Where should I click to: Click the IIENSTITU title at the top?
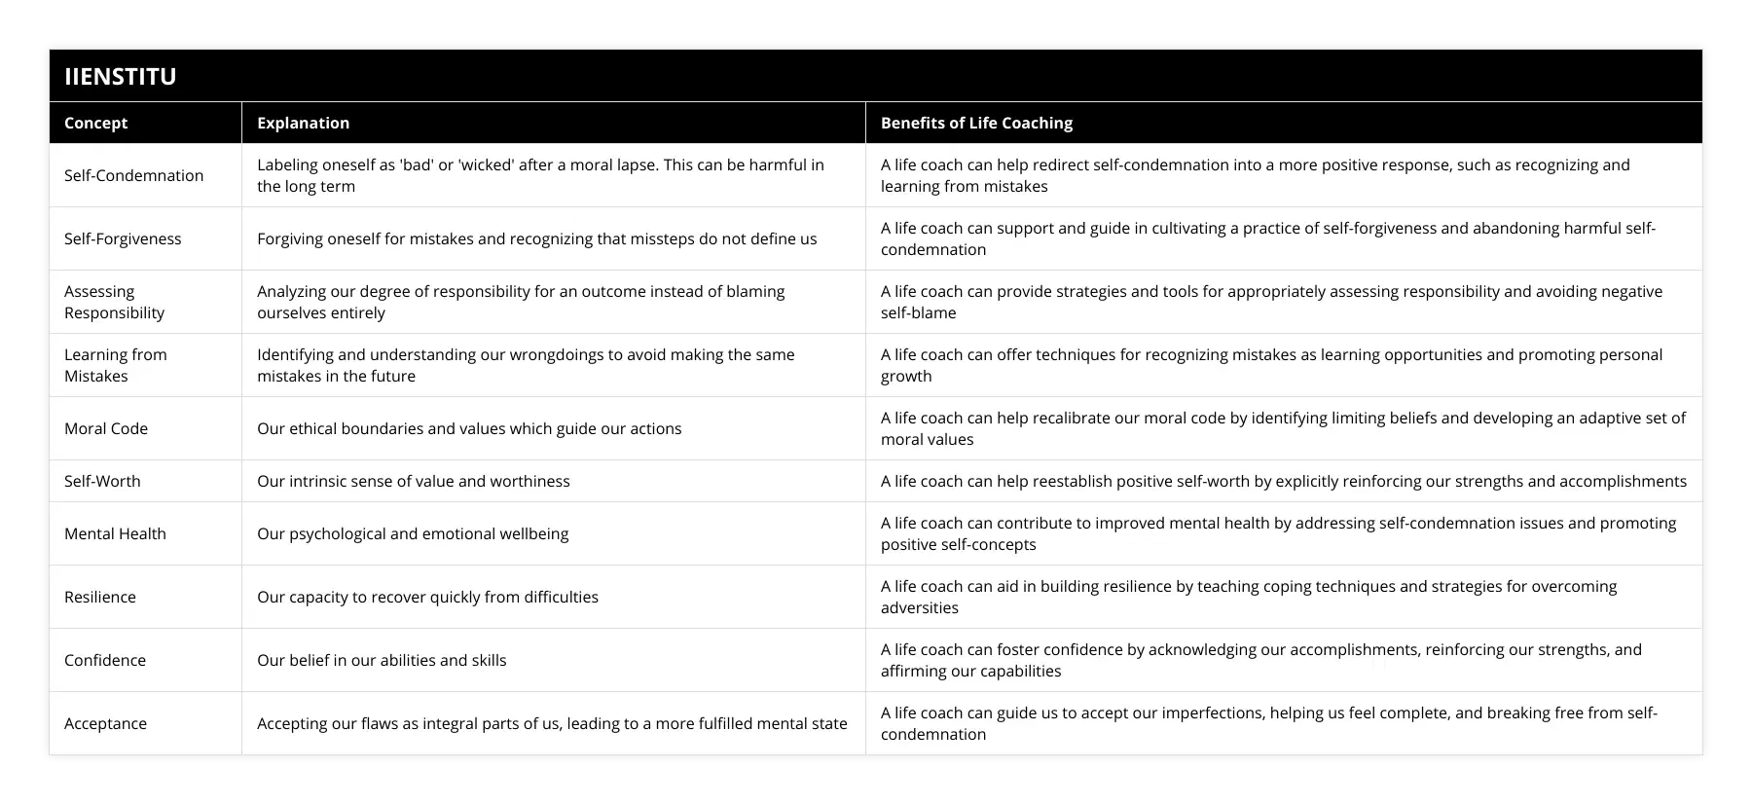[x=121, y=76]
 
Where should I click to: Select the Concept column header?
[x=95, y=123]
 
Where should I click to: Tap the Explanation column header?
[x=303, y=123]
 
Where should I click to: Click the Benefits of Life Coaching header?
[x=976, y=123]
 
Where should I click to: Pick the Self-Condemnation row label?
[x=133, y=175]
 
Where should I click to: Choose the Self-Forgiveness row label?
[x=123, y=238]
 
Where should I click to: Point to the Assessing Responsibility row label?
[x=114, y=302]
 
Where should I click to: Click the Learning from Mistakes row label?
[x=115, y=365]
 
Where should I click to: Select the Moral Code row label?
[x=106, y=428]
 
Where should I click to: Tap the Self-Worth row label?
[x=102, y=481]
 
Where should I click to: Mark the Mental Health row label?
[x=115, y=533]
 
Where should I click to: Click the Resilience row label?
[x=100, y=597]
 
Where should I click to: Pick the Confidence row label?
[x=105, y=660]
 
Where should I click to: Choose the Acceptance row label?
[x=105, y=723]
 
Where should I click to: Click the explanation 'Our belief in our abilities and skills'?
[x=382, y=660]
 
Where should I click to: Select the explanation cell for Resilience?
[x=427, y=597]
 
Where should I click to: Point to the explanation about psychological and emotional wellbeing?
[x=413, y=533]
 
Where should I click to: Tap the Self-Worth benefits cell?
[x=1283, y=481]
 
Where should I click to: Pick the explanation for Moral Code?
[x=469, y=428]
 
